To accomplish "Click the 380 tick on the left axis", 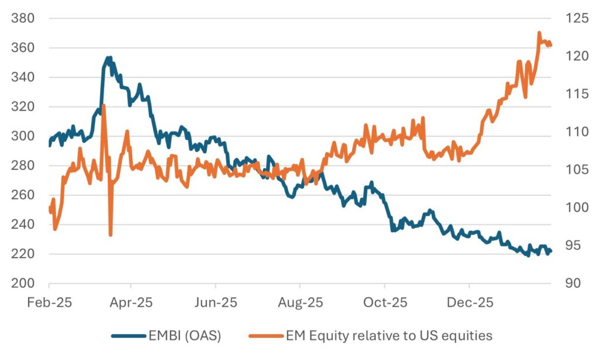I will click(23, 18).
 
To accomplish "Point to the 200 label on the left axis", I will click(23, 283).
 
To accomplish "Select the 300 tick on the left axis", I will click(23, 136).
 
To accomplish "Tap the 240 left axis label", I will click(23, 225).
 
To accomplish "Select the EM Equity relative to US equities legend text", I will click(388, 336).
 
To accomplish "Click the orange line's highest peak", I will click(539, 33).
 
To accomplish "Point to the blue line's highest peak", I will click(108, 57).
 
